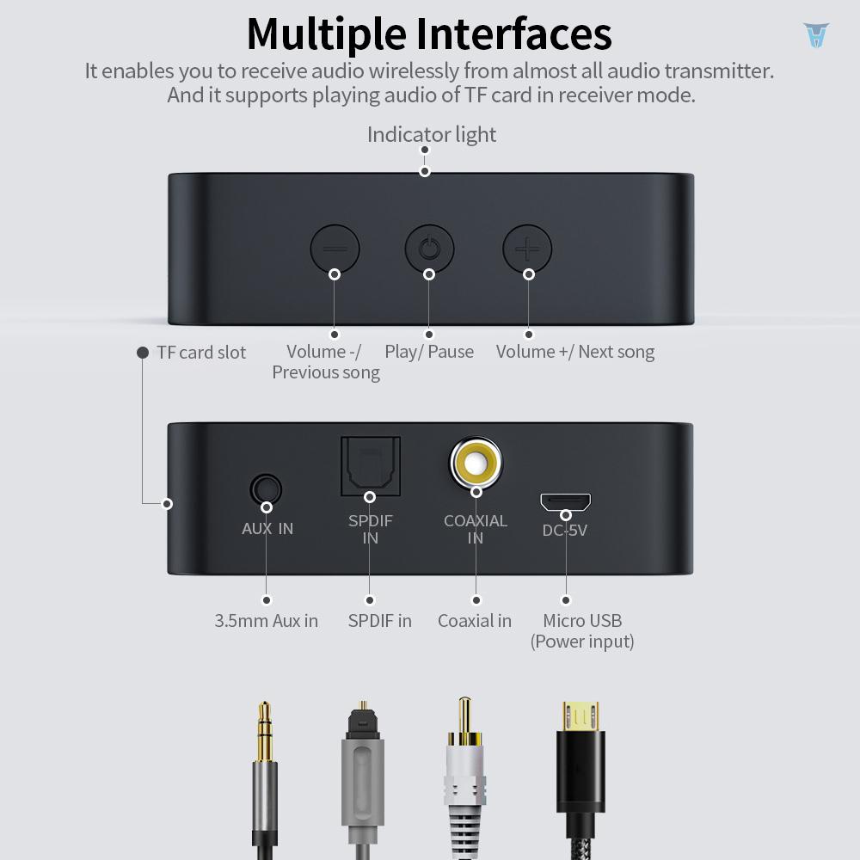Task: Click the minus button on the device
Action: (335, 250)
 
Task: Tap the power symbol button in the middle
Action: (429, 250)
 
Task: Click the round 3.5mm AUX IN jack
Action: (266, 489)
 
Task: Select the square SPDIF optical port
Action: (370, 466)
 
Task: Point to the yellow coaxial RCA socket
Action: (476, 464)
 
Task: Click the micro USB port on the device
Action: (565, 501)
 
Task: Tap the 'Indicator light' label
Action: (432, 135)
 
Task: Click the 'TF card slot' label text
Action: (201, 353)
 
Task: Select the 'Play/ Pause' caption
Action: (429, 352)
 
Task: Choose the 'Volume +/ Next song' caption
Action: (575, 352)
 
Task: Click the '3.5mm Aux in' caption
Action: (267, 621)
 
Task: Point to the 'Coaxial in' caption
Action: (475, 621)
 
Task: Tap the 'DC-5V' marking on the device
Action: (565, 531)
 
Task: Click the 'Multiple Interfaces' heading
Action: (429, 34)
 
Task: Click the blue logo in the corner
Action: (815, 35)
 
